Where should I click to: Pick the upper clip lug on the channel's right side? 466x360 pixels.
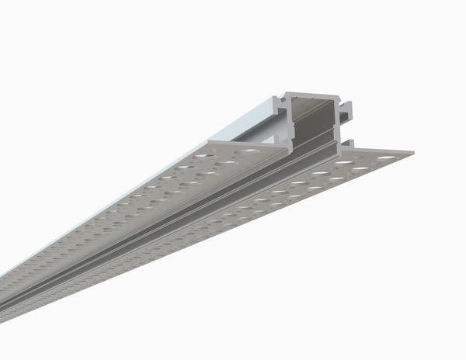[347, 109]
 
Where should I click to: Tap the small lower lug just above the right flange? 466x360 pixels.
[347, 144]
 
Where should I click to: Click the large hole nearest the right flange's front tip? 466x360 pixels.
[386, 158]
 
